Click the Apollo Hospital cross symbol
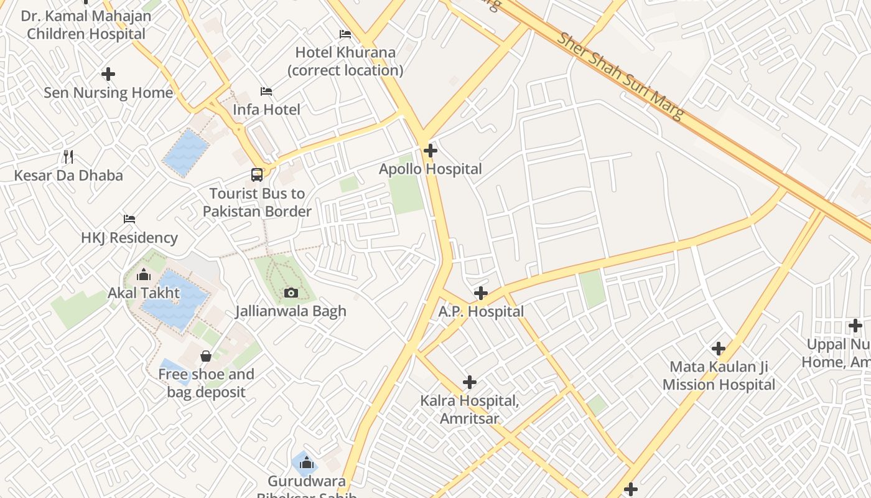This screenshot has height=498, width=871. pos(430,151)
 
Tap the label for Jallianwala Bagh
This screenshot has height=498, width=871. pos(291,311)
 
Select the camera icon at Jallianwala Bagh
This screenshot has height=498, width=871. pos(291,293)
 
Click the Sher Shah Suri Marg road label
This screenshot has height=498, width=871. pos(620,75)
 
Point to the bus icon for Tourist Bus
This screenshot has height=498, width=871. pos(257,175)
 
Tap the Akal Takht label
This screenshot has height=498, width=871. pos(144,293)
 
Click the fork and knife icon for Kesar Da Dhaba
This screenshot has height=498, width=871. pos(68,156)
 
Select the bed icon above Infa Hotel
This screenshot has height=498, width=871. pos(266,92)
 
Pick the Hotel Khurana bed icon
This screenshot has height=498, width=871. pos(345,34)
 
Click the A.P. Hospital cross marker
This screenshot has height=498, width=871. pos(481,293)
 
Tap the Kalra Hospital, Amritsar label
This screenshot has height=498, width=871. pos(470,410)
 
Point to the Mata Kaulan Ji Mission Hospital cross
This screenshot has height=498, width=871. pos(719,349)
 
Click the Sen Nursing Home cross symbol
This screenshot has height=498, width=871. pos(108,74)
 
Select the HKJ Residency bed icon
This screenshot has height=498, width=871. pos(129,219)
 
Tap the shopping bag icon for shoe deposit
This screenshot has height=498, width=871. pos(206,356)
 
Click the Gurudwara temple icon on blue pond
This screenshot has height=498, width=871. pos(305,463)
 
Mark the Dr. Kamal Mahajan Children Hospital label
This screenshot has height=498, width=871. pos(86,25)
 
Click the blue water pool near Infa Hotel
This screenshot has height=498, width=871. pos(185,153)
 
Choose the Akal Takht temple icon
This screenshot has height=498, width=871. pos(144,275)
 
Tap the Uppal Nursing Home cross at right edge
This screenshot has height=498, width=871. pos(855,326)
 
